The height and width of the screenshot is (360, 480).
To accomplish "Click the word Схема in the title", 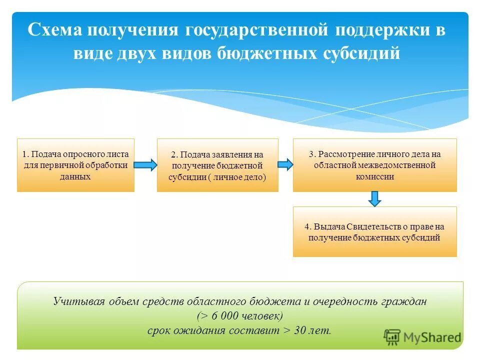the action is pos(55,29).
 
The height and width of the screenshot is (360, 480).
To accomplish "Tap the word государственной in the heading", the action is pos(257,29).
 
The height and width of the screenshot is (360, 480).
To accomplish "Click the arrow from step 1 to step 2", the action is pos(145,165).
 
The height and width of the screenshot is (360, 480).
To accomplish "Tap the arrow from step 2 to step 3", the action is pos(285,164).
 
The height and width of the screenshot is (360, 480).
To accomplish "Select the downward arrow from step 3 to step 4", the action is pos(375,198).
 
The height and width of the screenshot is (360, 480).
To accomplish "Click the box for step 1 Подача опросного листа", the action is pos(75,165).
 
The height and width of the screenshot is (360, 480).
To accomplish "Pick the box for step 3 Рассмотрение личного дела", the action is pos(374,165).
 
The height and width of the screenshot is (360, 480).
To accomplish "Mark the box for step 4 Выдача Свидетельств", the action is pos(374,231).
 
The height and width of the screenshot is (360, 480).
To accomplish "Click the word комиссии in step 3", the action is pos(374,176).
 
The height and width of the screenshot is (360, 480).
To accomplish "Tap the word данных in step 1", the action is pos(75,176).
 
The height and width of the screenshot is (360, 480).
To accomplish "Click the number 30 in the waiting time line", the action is pos(299,330).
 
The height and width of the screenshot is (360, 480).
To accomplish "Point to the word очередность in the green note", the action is pos(345,301).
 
